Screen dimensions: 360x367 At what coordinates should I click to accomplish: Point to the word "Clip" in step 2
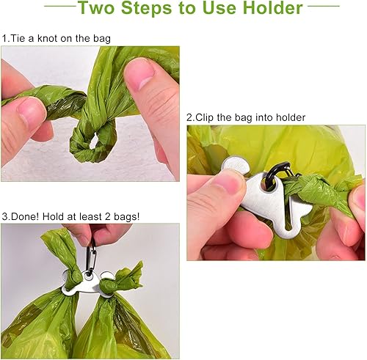[207, 117]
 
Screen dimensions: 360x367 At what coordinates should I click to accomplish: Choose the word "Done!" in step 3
[26, 216]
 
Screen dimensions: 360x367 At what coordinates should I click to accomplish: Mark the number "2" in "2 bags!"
[109, 216]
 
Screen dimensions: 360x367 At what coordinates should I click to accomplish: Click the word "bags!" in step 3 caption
[128, 216]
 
